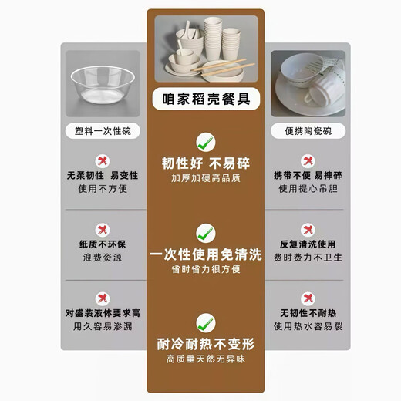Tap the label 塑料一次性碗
[102, 130]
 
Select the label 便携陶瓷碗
[302, 130]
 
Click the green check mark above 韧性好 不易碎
[204, 141]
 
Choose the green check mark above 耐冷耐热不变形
[204, 322]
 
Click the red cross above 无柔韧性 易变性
[102, 160]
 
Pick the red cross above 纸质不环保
[102, 229]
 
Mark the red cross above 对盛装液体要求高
[102, 298]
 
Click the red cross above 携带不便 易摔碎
[307, 160]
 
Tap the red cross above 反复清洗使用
[307, 229]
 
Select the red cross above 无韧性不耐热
[307, 298]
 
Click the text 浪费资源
[102, 258]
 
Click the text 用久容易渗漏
[102, 327]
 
